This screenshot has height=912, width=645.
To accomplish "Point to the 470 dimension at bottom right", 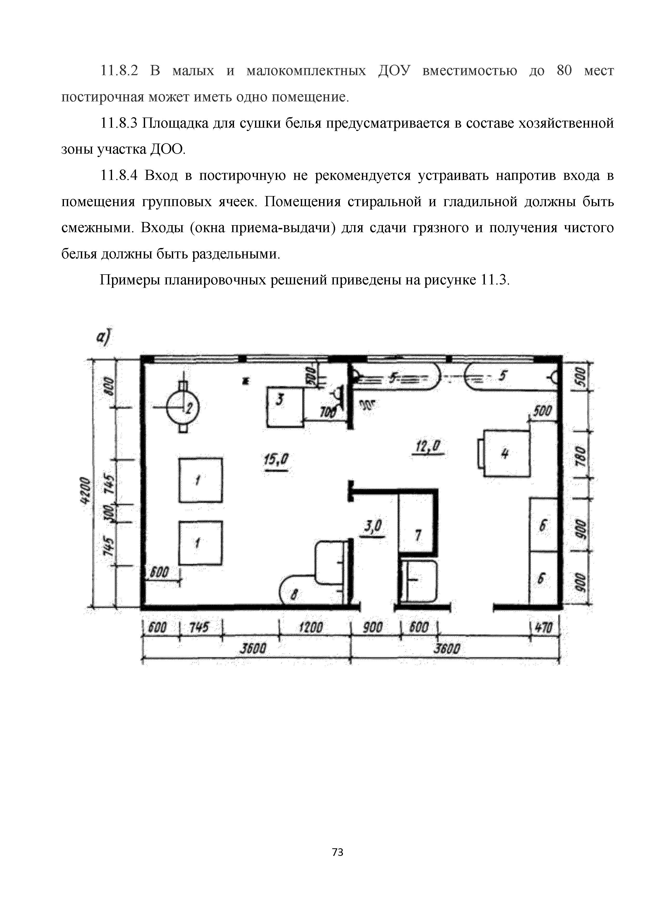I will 546,628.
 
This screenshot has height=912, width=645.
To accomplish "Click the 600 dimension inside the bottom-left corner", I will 159,572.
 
